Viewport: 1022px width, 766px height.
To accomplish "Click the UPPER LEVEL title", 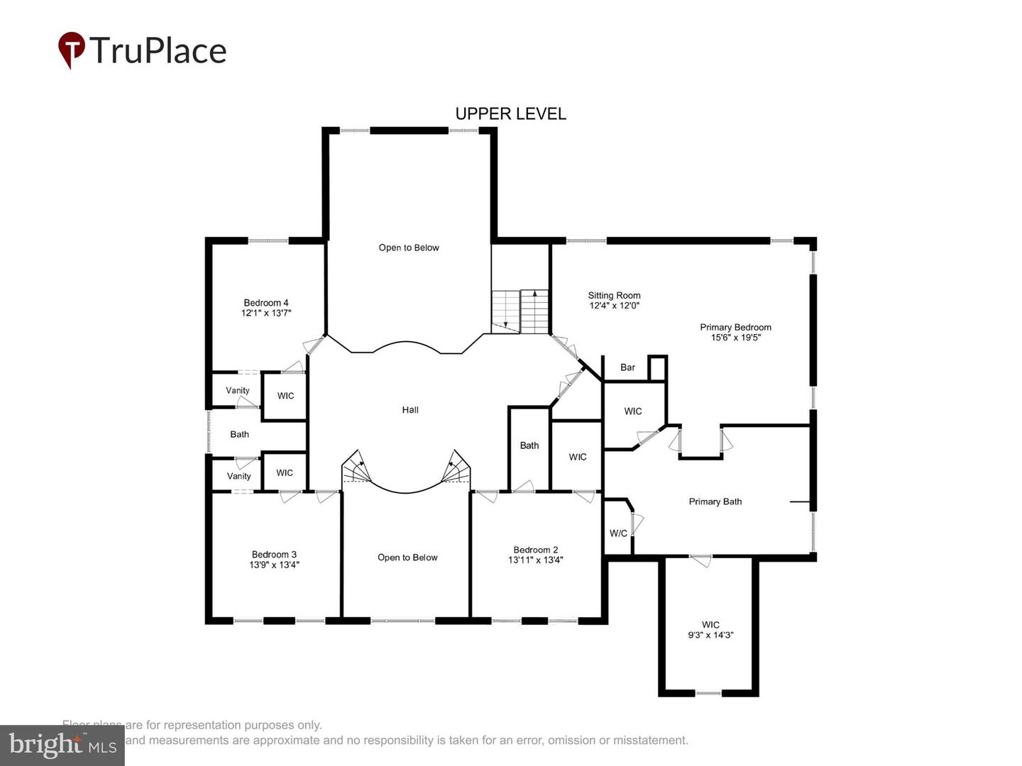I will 510,113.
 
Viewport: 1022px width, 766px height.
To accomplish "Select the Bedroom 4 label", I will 266,303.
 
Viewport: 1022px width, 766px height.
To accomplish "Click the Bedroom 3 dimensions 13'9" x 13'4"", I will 274,565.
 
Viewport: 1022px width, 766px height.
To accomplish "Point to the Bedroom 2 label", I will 536,550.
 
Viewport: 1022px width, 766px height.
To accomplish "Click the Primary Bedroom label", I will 735,327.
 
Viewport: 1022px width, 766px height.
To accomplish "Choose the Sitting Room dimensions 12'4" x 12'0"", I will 615,306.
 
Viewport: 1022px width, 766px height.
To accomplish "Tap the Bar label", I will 627,367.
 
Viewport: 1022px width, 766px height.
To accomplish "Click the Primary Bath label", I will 715,501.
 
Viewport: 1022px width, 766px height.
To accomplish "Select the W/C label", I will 618,533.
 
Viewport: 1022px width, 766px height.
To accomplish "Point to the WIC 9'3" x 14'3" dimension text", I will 710,635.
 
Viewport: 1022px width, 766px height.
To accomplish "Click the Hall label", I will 410,410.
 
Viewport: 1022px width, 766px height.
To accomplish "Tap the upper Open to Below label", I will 409,248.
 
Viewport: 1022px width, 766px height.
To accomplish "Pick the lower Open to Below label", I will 407,557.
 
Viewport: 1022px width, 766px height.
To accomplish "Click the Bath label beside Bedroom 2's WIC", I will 529,445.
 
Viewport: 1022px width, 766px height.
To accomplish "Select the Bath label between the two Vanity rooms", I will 240,434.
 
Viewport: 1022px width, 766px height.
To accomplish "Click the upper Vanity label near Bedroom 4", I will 238,391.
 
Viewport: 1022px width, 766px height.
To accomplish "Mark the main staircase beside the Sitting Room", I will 521,311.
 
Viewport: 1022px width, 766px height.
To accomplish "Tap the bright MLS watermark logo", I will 62,745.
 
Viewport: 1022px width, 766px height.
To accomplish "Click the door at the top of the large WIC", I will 700,561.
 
